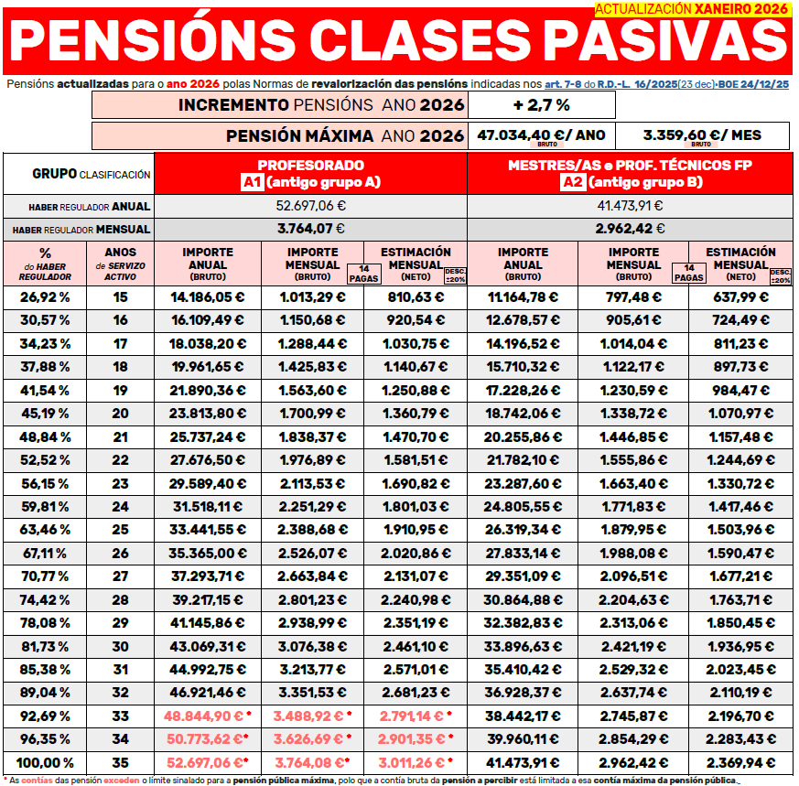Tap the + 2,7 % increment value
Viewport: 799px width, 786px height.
point(541,105)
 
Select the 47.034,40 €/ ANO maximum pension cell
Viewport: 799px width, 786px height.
point(541,135)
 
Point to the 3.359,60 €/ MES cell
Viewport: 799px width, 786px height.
point(702,135)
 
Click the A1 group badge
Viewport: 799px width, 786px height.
point(252,182)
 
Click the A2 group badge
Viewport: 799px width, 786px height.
point(573,182)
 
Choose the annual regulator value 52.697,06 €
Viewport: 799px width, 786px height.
point(310,205)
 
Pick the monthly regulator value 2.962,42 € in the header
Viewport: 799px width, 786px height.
point(630,229)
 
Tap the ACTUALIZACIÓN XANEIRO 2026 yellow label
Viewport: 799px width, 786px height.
point(690,9)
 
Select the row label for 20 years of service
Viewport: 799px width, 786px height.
point(121,413)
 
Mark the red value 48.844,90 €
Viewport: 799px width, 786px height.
point(207,716)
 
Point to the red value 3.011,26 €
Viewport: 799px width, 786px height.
point(414,762)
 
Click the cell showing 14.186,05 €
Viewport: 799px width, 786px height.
point(208,296)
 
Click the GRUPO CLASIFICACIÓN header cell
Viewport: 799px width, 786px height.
point(79,173)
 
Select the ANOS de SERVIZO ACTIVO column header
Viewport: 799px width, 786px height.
point(121,264)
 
